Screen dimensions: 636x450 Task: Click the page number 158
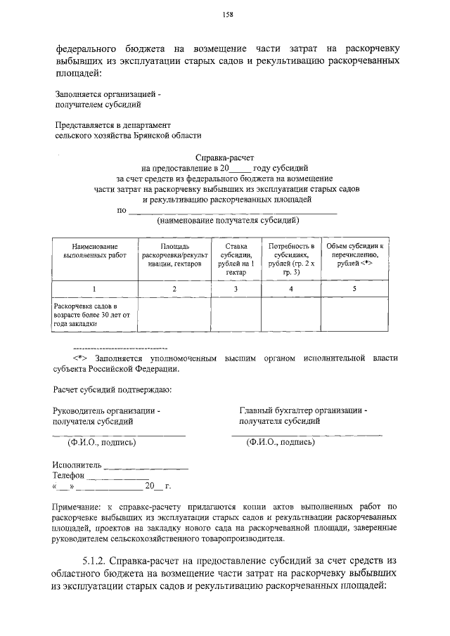(x=229, y=14)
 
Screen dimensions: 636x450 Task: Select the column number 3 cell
(x=236, y=289)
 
